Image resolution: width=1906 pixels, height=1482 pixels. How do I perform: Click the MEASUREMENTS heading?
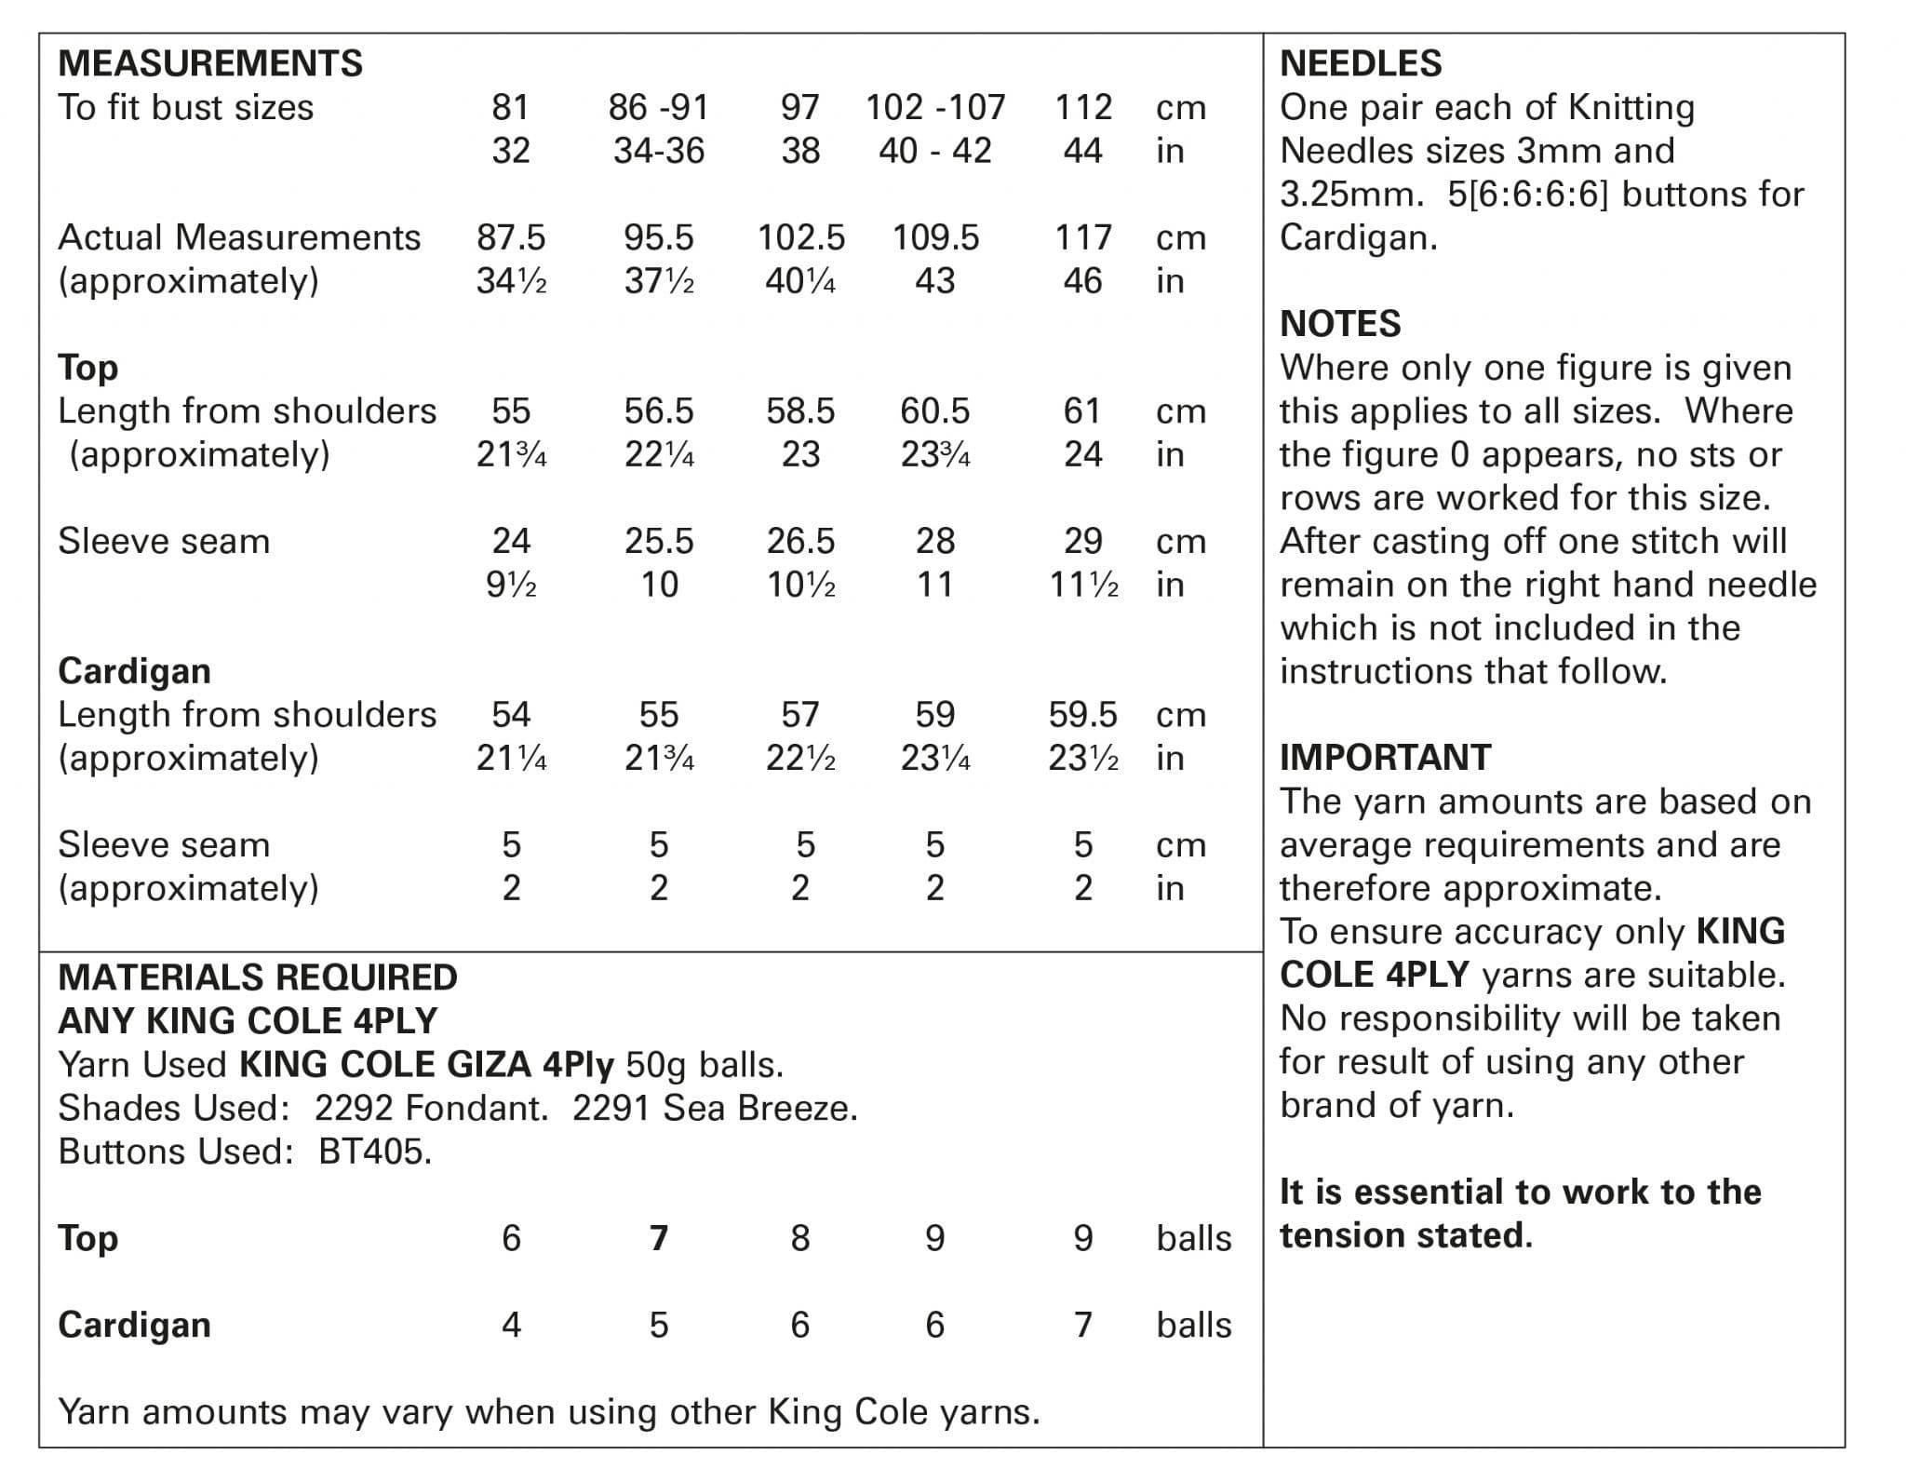click(x=210, y=63)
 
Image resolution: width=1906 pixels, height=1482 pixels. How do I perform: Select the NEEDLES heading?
click(x=1361, y=63)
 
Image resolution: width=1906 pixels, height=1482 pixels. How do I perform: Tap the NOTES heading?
click(x=1340, y=324)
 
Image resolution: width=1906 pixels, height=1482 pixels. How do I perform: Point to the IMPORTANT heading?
click(x=1385, y=758)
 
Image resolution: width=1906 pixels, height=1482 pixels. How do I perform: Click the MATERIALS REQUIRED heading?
click(x=258, y=977)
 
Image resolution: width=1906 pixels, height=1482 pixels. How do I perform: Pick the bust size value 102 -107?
click(x=935, y=107)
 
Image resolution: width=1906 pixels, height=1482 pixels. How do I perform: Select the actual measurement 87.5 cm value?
click(x=510, y=237)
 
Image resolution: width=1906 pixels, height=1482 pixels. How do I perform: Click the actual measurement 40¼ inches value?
click(x=800, y=281)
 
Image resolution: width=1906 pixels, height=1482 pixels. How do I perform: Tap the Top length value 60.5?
click(x=934, y=411)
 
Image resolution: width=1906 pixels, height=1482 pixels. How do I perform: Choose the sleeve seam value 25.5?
click(x=659, y=541)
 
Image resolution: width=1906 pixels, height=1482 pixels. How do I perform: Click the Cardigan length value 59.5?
click(x=1082, y=714)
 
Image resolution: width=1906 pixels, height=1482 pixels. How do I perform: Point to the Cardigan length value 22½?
click(x=800, y=759)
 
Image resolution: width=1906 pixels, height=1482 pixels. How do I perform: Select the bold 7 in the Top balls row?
click(x=659, y=1238)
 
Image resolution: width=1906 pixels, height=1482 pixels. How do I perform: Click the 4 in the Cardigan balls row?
click(x=511, y=1325)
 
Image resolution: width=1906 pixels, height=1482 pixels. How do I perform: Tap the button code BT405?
click(x=375, y=1152)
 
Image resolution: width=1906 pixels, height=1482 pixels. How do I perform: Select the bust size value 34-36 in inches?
click(x=659, y=151)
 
